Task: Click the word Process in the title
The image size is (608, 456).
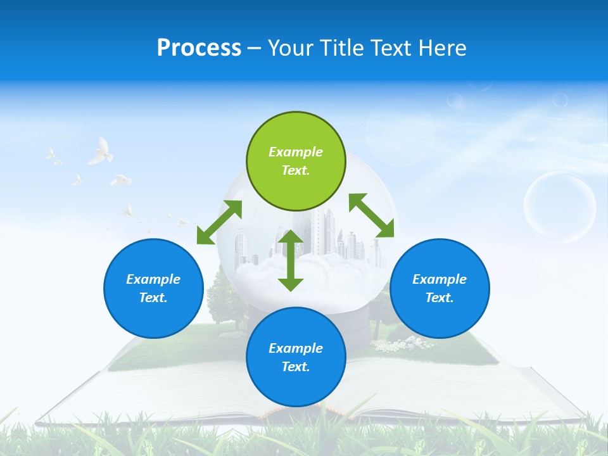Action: [199, 48]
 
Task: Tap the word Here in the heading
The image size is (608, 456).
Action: [441, 48]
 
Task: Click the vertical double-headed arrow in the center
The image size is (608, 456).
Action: [291, 260]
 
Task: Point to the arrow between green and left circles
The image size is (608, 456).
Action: [219, 222]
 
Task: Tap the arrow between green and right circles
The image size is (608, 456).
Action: [371, 216]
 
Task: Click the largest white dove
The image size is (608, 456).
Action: [100, 152]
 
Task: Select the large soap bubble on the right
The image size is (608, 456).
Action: [559, 207]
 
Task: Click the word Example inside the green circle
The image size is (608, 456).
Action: [296, 152]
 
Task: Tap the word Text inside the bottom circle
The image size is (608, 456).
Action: [296, 367]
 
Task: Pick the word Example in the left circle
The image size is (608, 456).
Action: [153, 279]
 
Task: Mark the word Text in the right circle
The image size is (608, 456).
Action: [440, 298]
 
